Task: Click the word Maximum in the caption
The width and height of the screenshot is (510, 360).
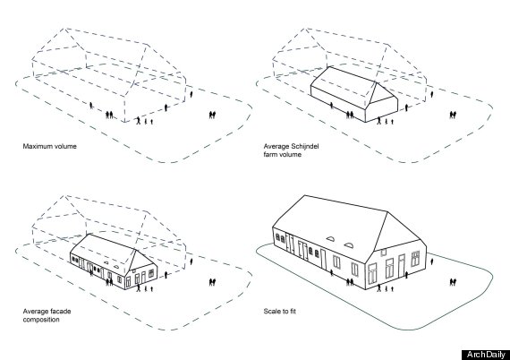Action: [36, 146]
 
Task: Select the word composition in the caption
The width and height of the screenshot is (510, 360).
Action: [41, 320]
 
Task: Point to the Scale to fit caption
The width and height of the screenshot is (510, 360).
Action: [280, 311]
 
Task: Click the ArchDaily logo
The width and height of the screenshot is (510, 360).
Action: [486, 355]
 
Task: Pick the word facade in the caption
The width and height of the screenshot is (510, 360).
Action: [61, 311]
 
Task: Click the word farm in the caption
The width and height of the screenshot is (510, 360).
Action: [269, 154]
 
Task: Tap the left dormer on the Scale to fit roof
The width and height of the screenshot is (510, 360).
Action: [330, 238]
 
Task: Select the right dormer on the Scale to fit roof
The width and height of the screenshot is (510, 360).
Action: [348, 244]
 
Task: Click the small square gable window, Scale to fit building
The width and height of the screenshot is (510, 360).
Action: [384, 252]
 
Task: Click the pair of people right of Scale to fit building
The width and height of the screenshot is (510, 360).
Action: [453, 282]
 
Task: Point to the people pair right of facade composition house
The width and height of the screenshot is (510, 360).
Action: [212, 282]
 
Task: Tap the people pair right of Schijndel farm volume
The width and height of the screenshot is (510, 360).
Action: [453, 115]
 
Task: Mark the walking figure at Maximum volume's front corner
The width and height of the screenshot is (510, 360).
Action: [139, 121]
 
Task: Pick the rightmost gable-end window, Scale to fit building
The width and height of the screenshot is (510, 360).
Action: [415, 259]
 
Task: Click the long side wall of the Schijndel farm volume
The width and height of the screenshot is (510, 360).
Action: [338, 104]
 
